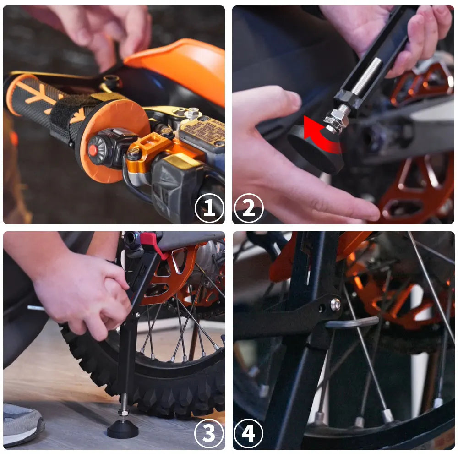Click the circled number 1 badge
coord(209,208)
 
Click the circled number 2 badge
coord(249,208)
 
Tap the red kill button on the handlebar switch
coord(93,150)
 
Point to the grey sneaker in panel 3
coord(21,424)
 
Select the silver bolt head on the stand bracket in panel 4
coord(336,304)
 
